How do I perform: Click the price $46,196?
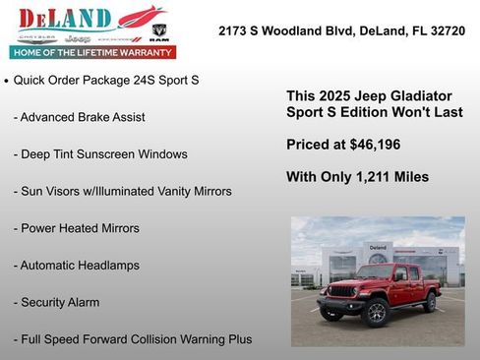pyautogui.click(x=371, y=145)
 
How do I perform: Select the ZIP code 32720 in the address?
pyautogui.click(x=444, y=30)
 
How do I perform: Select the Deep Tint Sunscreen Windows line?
pyautogui.click(x=100, y=154)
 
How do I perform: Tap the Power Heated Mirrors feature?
pyautogui.click(x=76, y=228)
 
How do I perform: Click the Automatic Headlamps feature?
pyautogui.click(x=76, y=266)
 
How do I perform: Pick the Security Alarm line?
pyautogui.click(x=56, y=303)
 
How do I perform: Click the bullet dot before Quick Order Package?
pyautogui.click(x=8, y=81)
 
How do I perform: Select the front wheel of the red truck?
pyautogui.click(x=375, y=313)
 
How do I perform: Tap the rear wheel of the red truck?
pyautogui.click(x=429, y=303)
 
